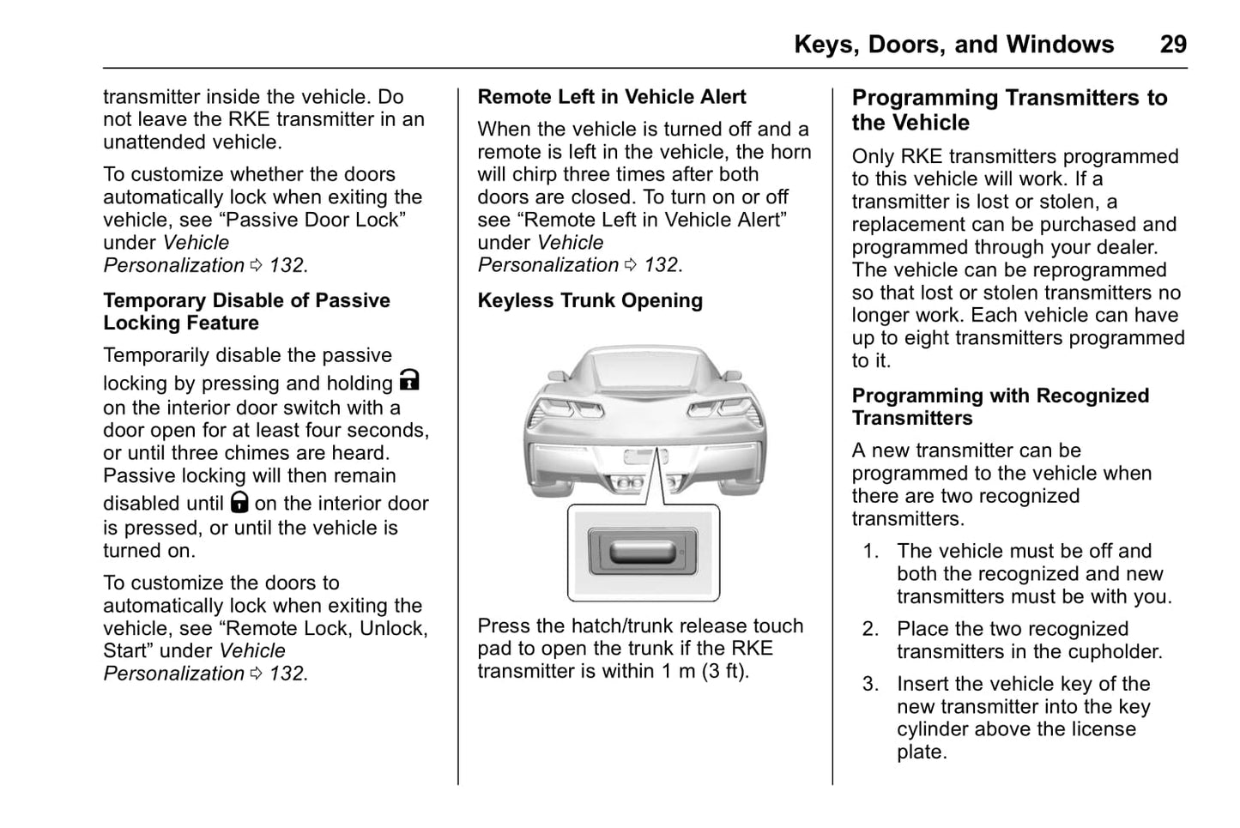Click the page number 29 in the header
coord(1173,45)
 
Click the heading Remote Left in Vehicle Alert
coord(612,97)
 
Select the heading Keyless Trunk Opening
coord(590,300)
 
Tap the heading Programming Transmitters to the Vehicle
coord(1009,110)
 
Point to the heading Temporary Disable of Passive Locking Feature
coord(247,311)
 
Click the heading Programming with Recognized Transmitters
coord(1000,407)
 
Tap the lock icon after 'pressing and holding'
coord(410,380)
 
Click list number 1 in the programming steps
coord(871,551)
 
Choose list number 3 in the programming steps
coord(871,684)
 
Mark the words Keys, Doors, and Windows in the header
coord(953,45)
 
